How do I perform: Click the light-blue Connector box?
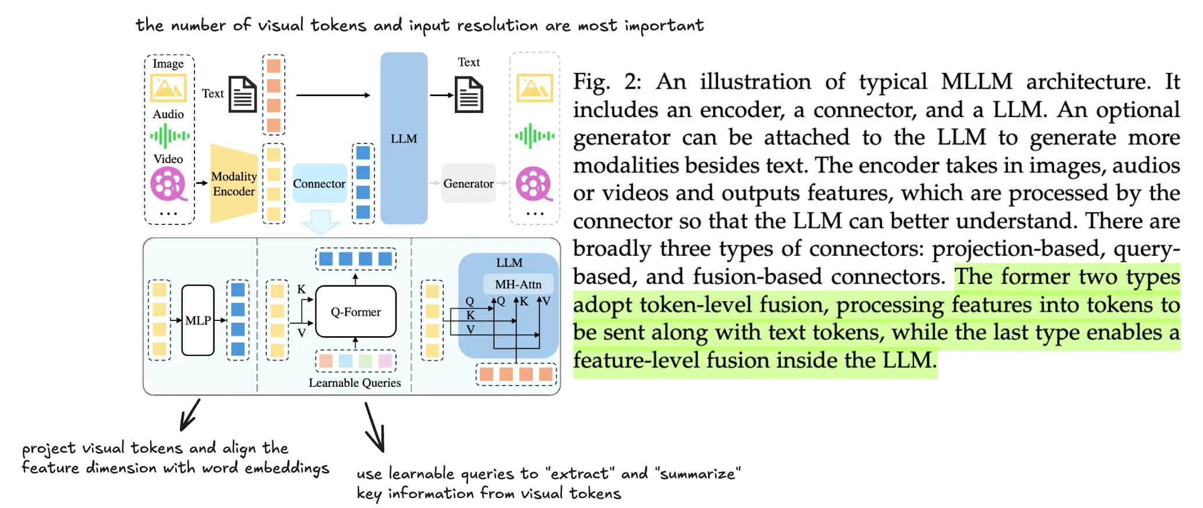click(319, 184)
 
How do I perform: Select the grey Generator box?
click(468, 184)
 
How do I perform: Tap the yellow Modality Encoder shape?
click(233, 184)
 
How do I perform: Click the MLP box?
click(198, 320)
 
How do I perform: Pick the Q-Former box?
click(356, 312)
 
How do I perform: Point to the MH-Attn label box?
click(518, 284)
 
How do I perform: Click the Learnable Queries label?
click(355, 383)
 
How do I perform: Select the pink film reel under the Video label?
click(168, 184)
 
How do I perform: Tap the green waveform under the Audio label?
click(169, 136)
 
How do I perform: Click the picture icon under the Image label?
click(168, 88)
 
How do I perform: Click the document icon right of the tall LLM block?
click(469, 94)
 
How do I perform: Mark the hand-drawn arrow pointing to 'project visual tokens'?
click(190, 415)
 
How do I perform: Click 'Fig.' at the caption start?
click(591, 82)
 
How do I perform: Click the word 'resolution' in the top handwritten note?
click(497, 26)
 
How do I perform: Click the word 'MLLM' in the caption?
click(976, 82)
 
